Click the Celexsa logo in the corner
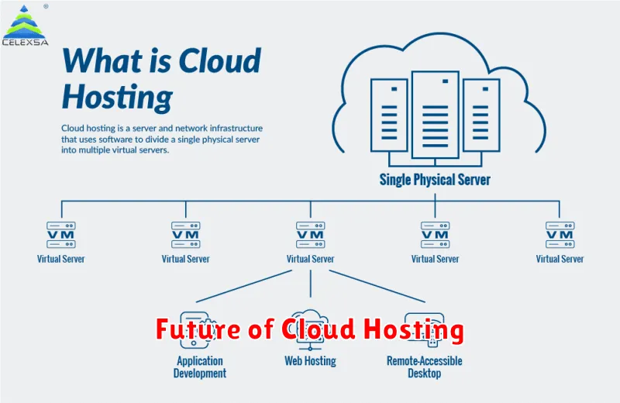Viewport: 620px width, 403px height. (x=25, y=25)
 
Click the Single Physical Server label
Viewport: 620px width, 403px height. (x=435, y=180)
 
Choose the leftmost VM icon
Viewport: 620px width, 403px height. (x=61, y=234)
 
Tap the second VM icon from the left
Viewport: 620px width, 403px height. (x=186, y=234)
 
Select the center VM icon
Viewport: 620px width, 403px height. (x=311, y=234)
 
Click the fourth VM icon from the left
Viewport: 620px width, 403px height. (x=436, y=234)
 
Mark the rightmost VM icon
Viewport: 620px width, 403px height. (x=560, y=234)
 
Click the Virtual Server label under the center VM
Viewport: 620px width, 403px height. (x=311, y=259)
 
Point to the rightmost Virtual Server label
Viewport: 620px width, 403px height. (x=560, y=259)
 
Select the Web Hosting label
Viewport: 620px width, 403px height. (x=311, y=361)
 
